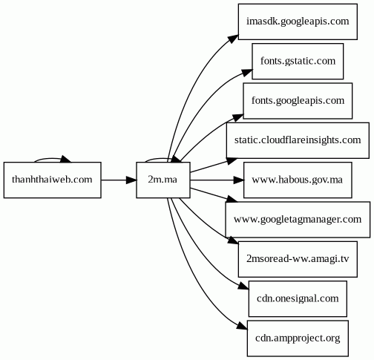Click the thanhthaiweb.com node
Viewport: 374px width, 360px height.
pos(53,180)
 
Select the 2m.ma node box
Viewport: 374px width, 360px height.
pos(163,180)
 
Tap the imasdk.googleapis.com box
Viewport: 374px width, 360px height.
pos(298,22)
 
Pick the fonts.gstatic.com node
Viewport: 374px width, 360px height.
pos(298,61)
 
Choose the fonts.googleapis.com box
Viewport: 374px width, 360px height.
pos(298,101)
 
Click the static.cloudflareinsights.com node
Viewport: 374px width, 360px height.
pos(298,140)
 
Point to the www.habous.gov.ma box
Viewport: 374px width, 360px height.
pos(298,180)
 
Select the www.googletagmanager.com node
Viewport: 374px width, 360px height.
pos(298,220)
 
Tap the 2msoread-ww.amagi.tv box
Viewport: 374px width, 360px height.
pos(298,259)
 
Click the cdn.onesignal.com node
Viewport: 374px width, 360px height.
pos(298,298)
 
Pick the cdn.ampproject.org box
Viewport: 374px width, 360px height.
pos(298,338)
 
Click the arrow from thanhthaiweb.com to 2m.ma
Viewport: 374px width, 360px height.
pos(119,180)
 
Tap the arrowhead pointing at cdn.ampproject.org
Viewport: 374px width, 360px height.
pos(243,326)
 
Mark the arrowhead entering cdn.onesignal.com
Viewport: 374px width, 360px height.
pos(243,286)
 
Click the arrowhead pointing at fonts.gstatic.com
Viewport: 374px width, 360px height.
pos(247,72)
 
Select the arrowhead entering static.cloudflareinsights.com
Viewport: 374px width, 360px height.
pos(232,161)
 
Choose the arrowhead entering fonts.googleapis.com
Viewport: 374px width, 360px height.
pos(238,117)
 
